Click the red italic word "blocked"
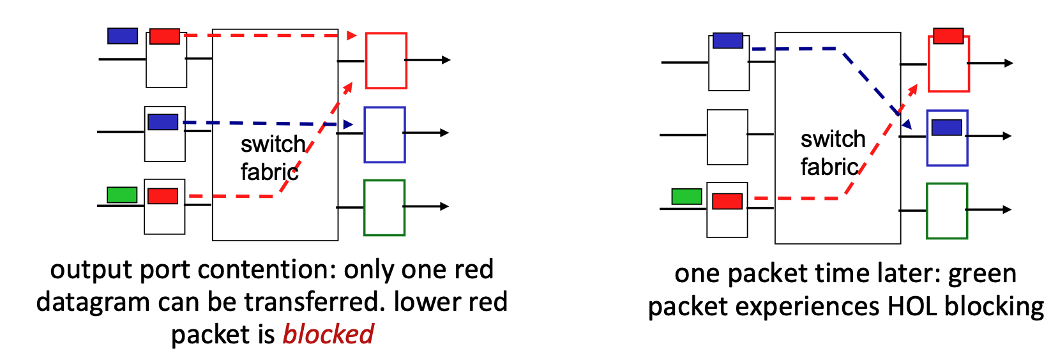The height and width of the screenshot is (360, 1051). pos(328,334)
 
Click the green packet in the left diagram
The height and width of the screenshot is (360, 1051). pos(122,195)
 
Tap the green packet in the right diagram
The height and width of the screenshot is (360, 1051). pos(686,197)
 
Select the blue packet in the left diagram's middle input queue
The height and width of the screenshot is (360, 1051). pos(163,122)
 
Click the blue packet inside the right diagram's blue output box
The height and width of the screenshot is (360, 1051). pos(946,127)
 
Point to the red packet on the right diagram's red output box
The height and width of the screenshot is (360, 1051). pos(948,36)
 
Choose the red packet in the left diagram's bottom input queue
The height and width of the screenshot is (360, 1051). pos(163,196)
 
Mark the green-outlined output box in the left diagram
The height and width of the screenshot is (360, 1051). pos(384,207)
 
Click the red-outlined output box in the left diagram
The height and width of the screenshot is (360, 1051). pos(386,61)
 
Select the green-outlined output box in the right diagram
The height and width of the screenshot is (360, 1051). pos(947,211)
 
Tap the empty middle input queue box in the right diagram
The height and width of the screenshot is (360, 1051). pos(727,137)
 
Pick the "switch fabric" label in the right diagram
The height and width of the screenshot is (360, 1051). pos(832,153)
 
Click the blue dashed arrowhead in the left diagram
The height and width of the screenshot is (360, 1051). pos(348,124)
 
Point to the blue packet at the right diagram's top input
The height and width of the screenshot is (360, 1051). pos(727,41)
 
